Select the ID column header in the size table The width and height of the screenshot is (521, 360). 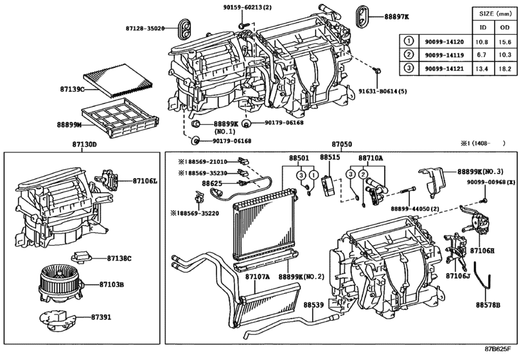[x=482, y=28]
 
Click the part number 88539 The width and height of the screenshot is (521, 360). [x=314, y=305]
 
